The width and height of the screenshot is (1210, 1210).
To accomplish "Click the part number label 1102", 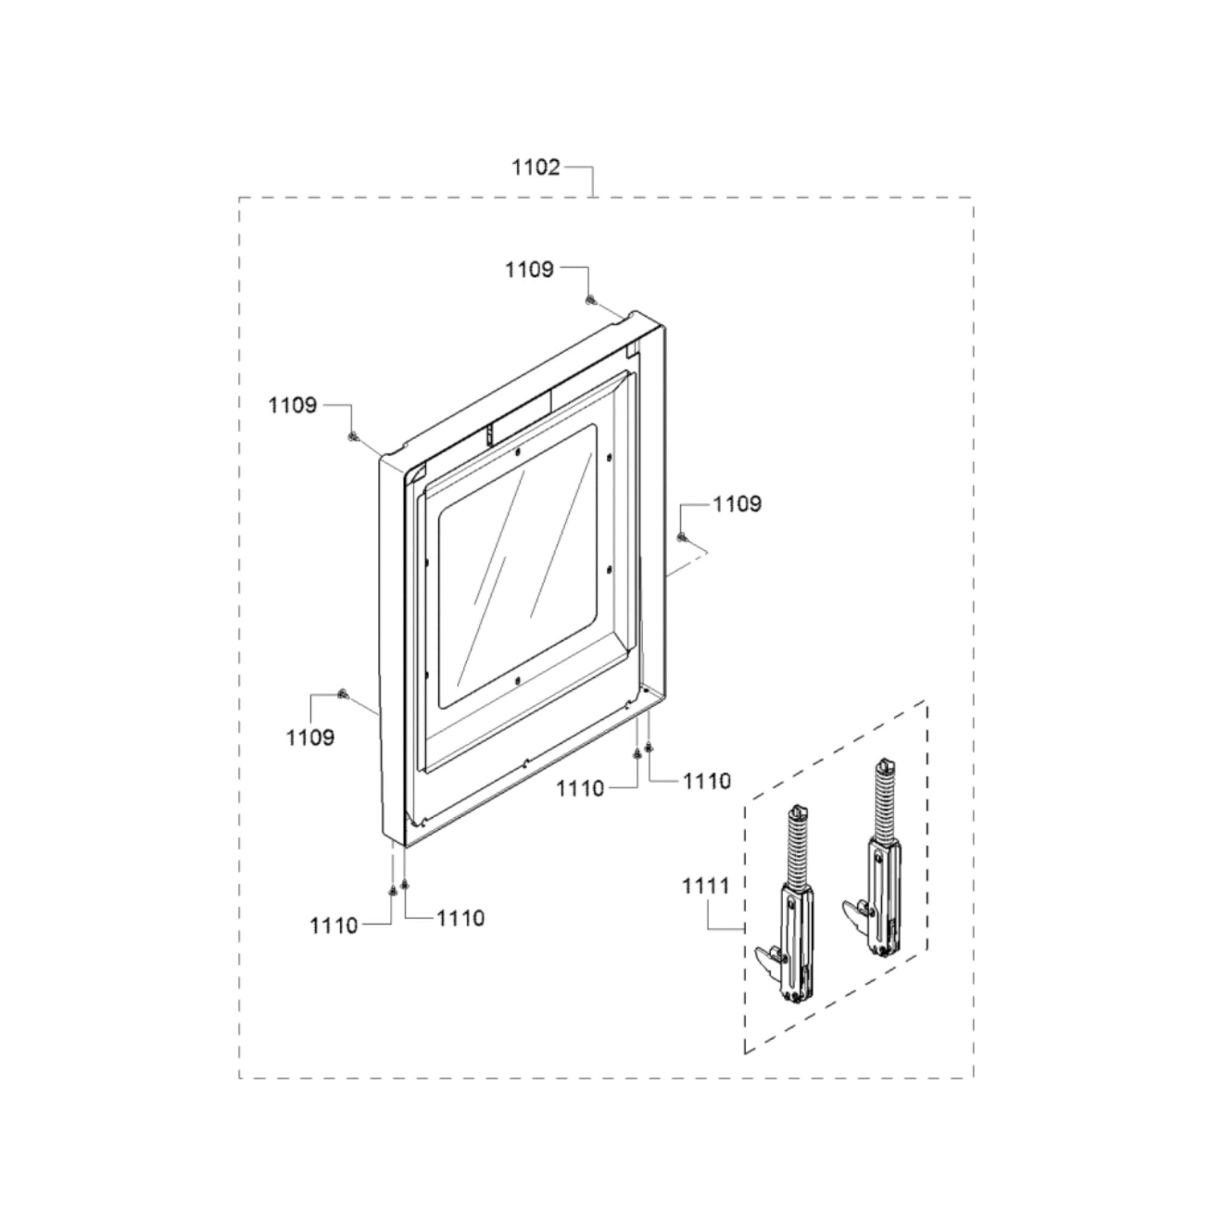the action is (x=536, y=168).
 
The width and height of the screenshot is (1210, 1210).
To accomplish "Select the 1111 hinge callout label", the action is (x=706, y=886).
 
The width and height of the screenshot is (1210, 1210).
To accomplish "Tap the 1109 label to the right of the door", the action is (x=737, y=503).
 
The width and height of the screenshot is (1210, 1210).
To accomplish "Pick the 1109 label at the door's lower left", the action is (x=310, y=737).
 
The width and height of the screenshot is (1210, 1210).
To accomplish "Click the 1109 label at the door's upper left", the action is (x=292, y=405).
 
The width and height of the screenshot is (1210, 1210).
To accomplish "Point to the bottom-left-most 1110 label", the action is (x=334, y=925).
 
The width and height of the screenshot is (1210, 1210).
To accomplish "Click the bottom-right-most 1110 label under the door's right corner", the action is (x=707, y=781).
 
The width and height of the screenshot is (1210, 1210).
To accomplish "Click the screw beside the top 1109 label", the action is (x=589, y=301).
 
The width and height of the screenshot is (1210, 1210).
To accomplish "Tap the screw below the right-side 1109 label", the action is (x=682, y=536).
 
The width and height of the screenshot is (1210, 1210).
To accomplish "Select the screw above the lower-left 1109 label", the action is (x=342, y=693).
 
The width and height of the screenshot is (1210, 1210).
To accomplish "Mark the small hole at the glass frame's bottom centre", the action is (x=517, y=681).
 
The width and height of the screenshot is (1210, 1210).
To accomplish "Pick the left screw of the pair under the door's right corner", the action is (x=637, y=753).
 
